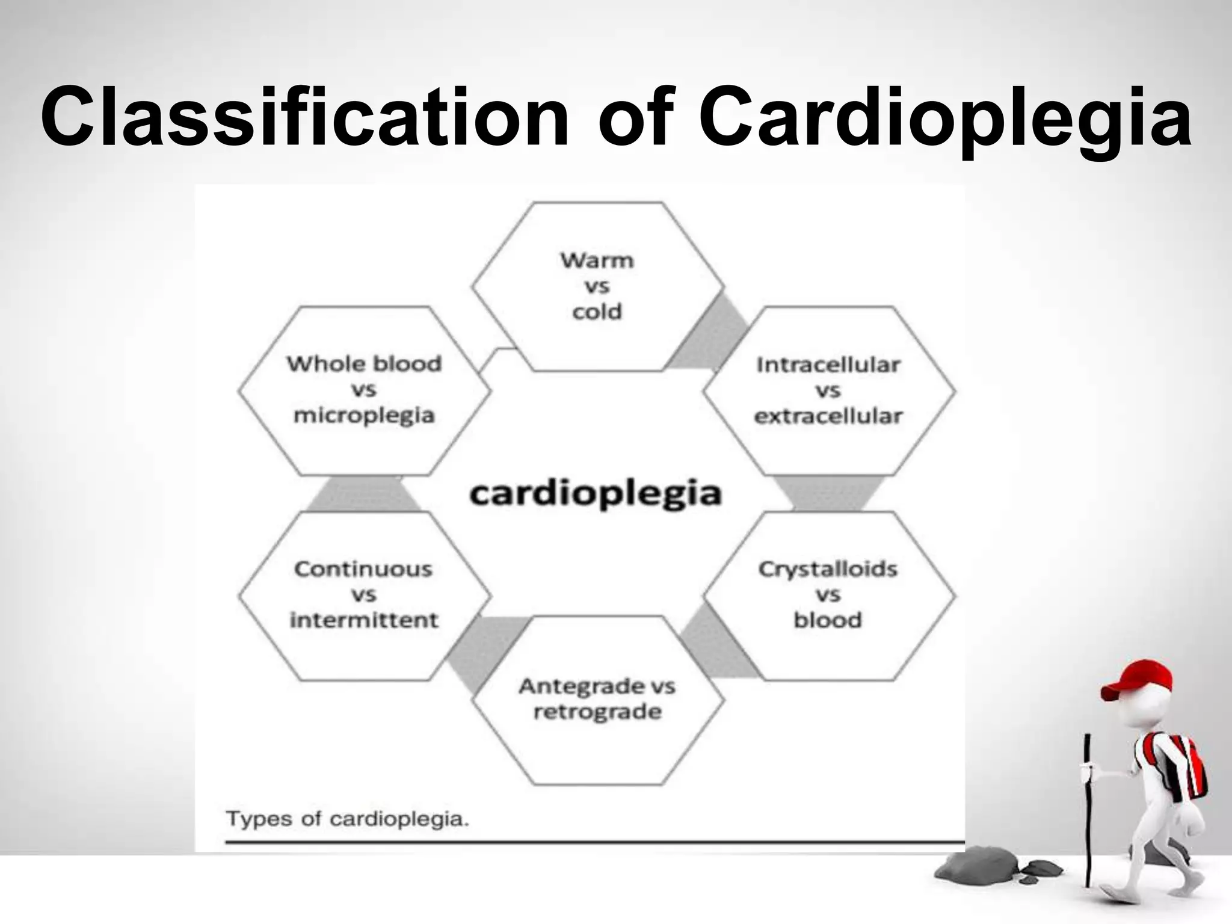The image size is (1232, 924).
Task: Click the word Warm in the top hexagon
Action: (597, 260)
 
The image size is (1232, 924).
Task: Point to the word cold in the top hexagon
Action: (597, 312)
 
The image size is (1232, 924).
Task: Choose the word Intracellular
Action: (828, 365)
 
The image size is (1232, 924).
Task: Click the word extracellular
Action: (828, 416)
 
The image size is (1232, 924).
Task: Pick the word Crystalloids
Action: (828, 568)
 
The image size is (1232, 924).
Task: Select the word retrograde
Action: (597, 712)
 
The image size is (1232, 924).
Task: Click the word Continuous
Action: (363, 568)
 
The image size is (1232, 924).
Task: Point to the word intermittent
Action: (363, 620)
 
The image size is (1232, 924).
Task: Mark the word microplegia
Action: (363, 416)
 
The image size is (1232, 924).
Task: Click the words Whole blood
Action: (363, 363)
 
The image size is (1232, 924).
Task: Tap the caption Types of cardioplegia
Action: (347, 819)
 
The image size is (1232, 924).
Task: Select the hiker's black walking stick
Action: (1087, 812)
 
